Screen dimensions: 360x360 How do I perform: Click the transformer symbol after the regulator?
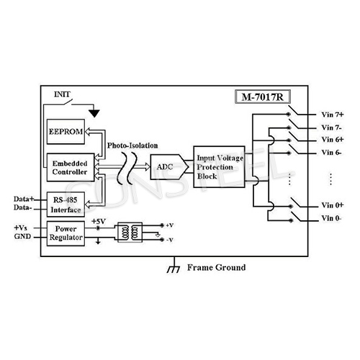[132, 232]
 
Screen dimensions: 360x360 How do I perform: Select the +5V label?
[99, 220]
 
